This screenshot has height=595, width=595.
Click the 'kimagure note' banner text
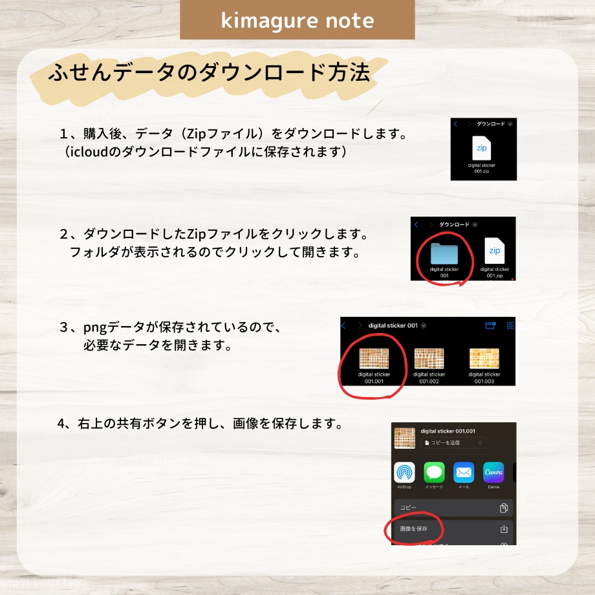pos(297,20)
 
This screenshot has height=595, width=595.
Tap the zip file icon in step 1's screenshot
pos(482,147)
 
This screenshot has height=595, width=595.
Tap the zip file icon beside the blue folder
pos(494,250)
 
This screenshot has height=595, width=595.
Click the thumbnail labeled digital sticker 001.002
pos(429,358)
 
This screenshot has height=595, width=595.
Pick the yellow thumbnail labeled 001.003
pos(484,358)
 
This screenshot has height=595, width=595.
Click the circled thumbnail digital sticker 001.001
pos(374,358)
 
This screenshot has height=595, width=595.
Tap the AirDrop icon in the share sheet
pos(405,473)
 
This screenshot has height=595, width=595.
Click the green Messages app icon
pos(434,473)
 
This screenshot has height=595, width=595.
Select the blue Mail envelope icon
pos(464,473)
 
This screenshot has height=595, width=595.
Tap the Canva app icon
pos(493,473)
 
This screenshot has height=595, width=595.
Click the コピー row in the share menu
pos(453,508)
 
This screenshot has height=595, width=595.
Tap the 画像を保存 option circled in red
pos(415,529)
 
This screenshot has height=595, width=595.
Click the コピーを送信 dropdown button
pos(453,442)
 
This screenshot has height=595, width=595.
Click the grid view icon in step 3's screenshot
pos(511,326)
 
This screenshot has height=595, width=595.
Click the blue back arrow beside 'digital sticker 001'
pos(344,326)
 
